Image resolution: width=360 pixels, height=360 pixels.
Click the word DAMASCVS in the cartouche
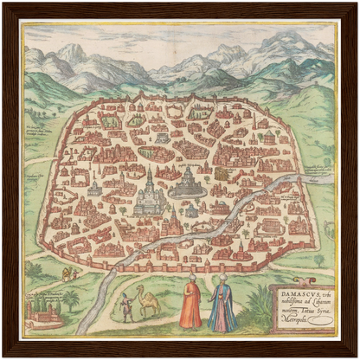292,295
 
